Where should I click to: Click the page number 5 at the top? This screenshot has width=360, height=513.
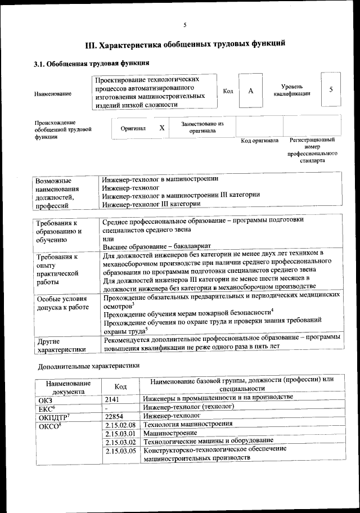click(184, 25)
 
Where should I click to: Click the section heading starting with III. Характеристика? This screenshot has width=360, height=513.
click(184, 44)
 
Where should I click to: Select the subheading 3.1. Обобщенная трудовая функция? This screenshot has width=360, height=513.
click(91, 63)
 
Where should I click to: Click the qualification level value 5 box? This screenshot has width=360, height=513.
click(331, 90)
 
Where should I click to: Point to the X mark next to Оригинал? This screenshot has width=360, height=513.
click(162, 128)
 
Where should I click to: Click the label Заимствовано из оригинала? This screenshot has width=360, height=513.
click(202, 127)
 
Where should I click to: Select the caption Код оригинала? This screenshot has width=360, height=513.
click(259, 140)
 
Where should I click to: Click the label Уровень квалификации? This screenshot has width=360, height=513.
click(292, 91)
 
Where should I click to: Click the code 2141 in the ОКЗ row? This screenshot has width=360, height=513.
click(113, 398)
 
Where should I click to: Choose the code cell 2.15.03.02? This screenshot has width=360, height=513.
click(120, 442)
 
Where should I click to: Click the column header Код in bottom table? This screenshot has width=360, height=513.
click(120, 386)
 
